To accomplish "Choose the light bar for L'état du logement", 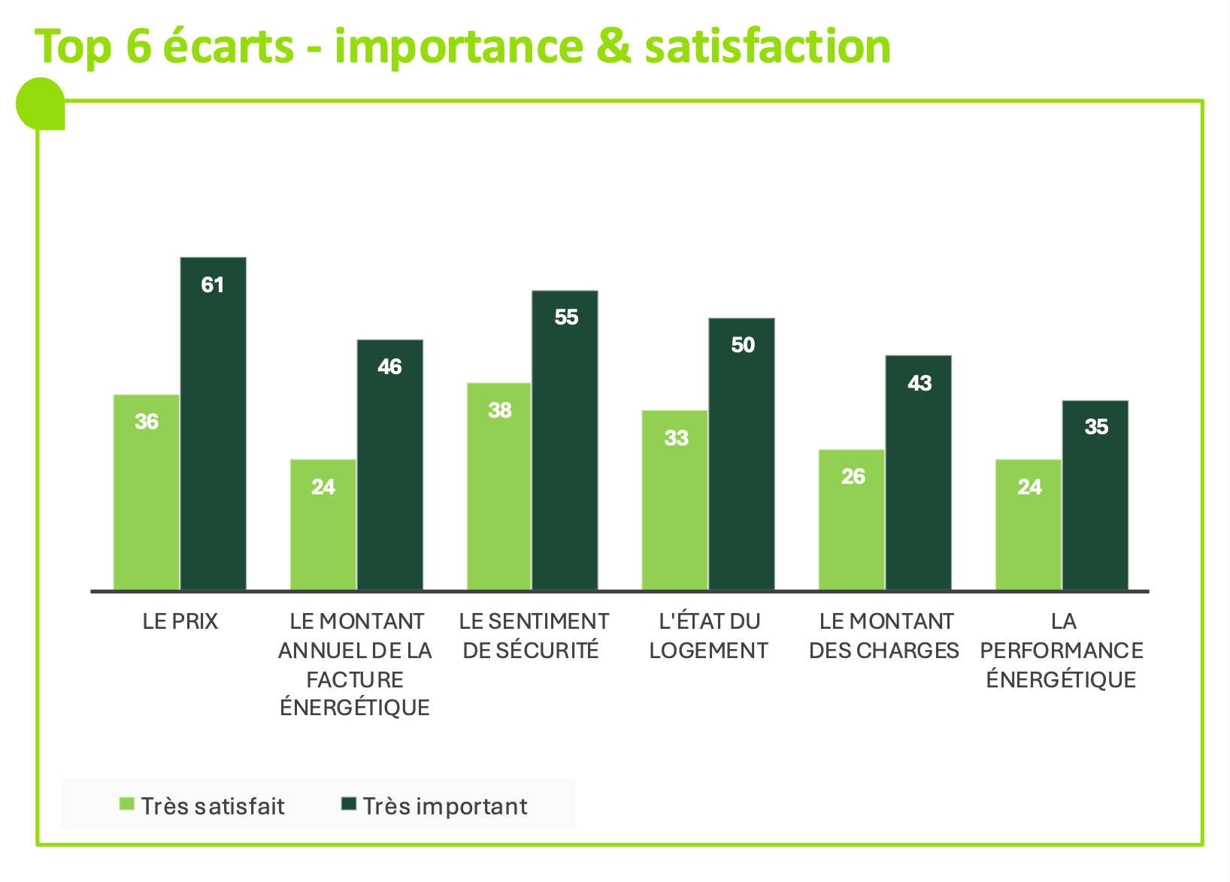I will (x=675, y=500).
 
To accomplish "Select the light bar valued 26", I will (x=852, y=519).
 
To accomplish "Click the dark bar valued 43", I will (x=918, y=473).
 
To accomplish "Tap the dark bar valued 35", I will (x=1095, y=495).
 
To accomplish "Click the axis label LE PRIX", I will (x=180, y=622).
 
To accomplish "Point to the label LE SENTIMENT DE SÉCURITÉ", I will (x=533, y=636).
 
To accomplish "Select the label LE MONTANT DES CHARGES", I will (x=885, y=636).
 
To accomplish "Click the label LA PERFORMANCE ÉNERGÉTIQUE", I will (x=1062, y=651).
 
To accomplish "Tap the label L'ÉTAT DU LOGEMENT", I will (x=708, y=636).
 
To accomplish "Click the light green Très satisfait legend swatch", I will (x=127, y=804).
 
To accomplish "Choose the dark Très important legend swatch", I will (x=349, y=804).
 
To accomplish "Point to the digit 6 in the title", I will (x=138, y=47).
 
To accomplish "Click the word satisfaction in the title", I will (x=768, y=47).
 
